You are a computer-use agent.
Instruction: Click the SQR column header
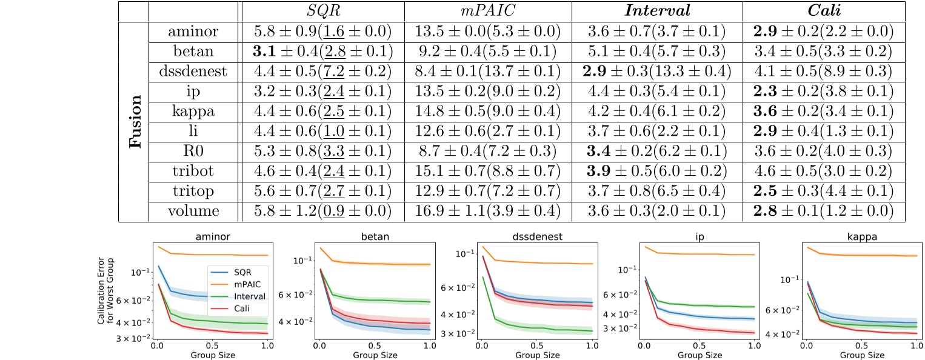(322, 12)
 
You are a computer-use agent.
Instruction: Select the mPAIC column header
(488, 12)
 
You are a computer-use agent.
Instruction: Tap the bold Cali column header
(823, 12)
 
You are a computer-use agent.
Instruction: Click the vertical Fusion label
(137, 122)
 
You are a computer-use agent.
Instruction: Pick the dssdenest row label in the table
(195, 72)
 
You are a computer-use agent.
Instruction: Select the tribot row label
(195, 172)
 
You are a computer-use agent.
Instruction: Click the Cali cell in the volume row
(824, 212)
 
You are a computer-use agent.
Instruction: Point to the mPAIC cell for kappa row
(488, 112)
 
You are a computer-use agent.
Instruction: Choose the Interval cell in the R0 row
(657, 152)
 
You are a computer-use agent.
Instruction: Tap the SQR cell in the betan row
(322, 52)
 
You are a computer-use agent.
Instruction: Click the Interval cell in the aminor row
(657, 32)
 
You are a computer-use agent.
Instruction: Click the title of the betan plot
(373, 240)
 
